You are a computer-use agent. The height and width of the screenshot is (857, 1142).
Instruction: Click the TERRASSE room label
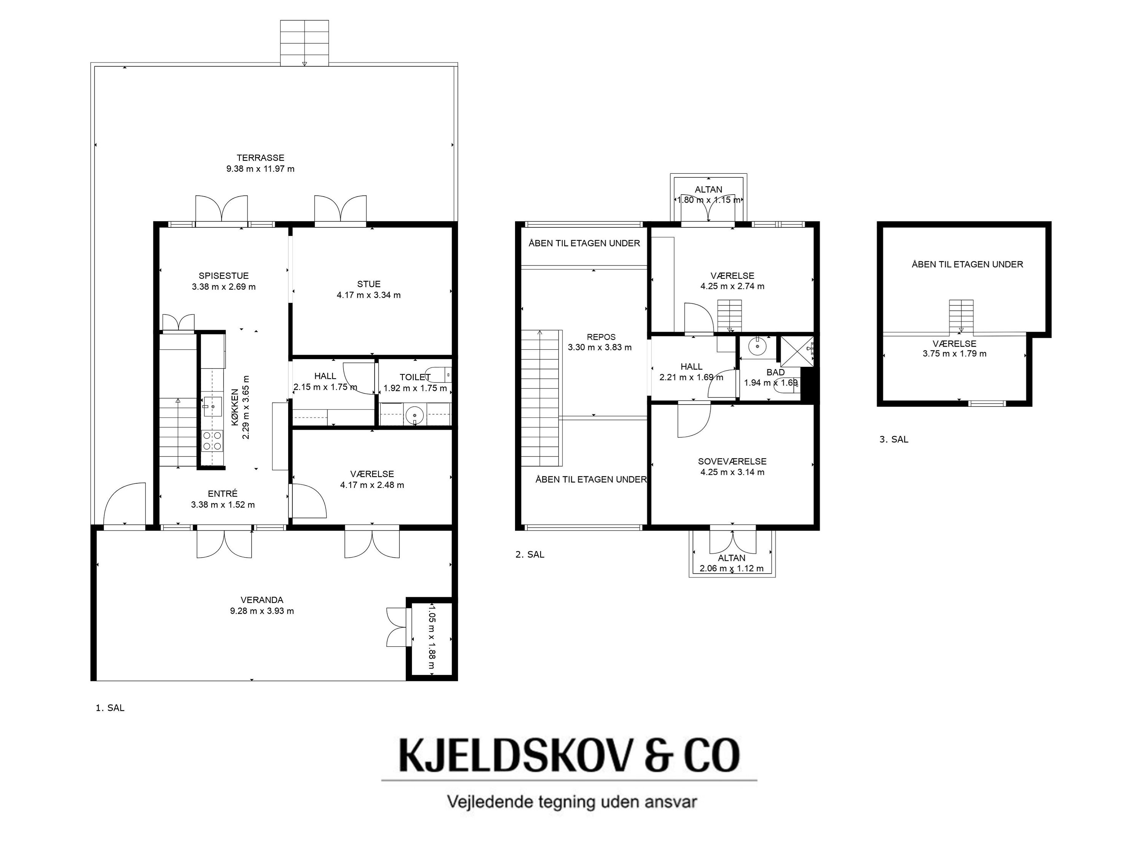pyautogui.click(x=260, y=158)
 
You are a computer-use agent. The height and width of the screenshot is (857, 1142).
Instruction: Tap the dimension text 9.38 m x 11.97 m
pyautogui.click(x=260, y=169)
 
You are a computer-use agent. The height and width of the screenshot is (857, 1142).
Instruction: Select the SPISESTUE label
pyautogui.click(x=223, y=276)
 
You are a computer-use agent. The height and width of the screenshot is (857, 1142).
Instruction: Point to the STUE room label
pyautogui.click(x=368, y=284)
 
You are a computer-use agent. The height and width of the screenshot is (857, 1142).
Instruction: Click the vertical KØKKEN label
pyautogui.click(x=235, y=408)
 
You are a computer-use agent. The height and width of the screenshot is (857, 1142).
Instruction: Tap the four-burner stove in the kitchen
pyautogui.click(x=212, y=441)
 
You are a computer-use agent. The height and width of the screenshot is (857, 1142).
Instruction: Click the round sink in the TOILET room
pyautogui.click(x=414, y=414)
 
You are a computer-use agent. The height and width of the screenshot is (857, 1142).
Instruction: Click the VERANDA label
pyautogui.click(x=262, y=600)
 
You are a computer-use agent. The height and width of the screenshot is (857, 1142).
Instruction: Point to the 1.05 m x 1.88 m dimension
pyautogui.click(x=432, y=636)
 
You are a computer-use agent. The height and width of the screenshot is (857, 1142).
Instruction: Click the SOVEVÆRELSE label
pyautogui.click(x=732, y=461)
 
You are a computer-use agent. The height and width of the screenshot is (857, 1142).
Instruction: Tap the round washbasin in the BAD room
pyautogui.click(x=758, y=346)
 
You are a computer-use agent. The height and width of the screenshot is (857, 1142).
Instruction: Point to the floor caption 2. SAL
pyautogui.click(x=530, y=554)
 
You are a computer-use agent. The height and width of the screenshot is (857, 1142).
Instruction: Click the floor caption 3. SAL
pyautogui.click(x=894, y=439)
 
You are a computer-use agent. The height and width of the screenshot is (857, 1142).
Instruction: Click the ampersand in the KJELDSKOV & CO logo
pyautogui.click(x=659, y=755)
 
